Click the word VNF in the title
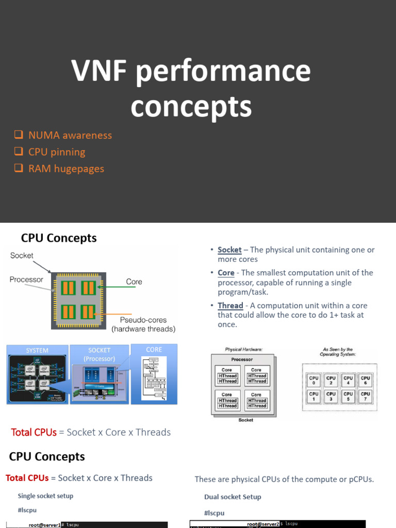tap(98, 71)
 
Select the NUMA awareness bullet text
tap(70, 136)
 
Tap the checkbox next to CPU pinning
tap(19, 152)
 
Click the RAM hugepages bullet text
tap(66, 169)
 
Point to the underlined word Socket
tap(229, 250)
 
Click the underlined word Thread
tap(230, 306)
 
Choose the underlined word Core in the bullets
tap(226, 273)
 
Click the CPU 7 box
tap(365, 397)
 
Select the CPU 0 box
tap(313, 381)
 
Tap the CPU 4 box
tap(348, 381)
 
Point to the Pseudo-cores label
tap(143, 320)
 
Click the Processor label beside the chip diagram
tap(26, 279)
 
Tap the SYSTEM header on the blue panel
tap(37, 351)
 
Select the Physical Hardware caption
tap(243, 350)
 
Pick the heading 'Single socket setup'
tap(45, 496)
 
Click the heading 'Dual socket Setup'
tap(233, 497)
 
